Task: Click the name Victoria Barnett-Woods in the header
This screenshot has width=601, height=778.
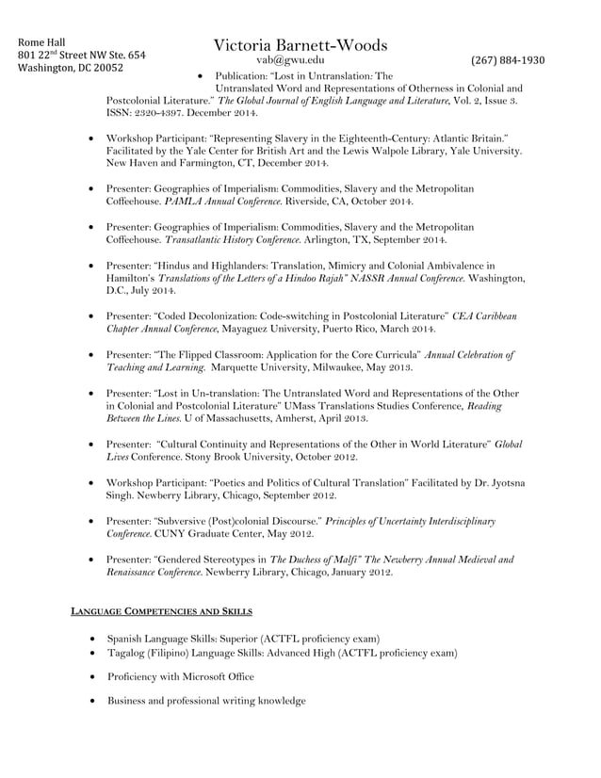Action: pyautogui.click(x=300, y=45)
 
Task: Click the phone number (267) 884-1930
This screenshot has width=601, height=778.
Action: pyautogui.click(x=508, y=60)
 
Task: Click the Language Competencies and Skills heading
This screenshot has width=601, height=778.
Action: pyautogui.click(x=161, y=612)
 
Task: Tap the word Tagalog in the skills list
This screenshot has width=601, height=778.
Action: pyautogui.click(x=128, y=652)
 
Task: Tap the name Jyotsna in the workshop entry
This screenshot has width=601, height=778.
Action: pyautogui.click(x=506, y=482)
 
